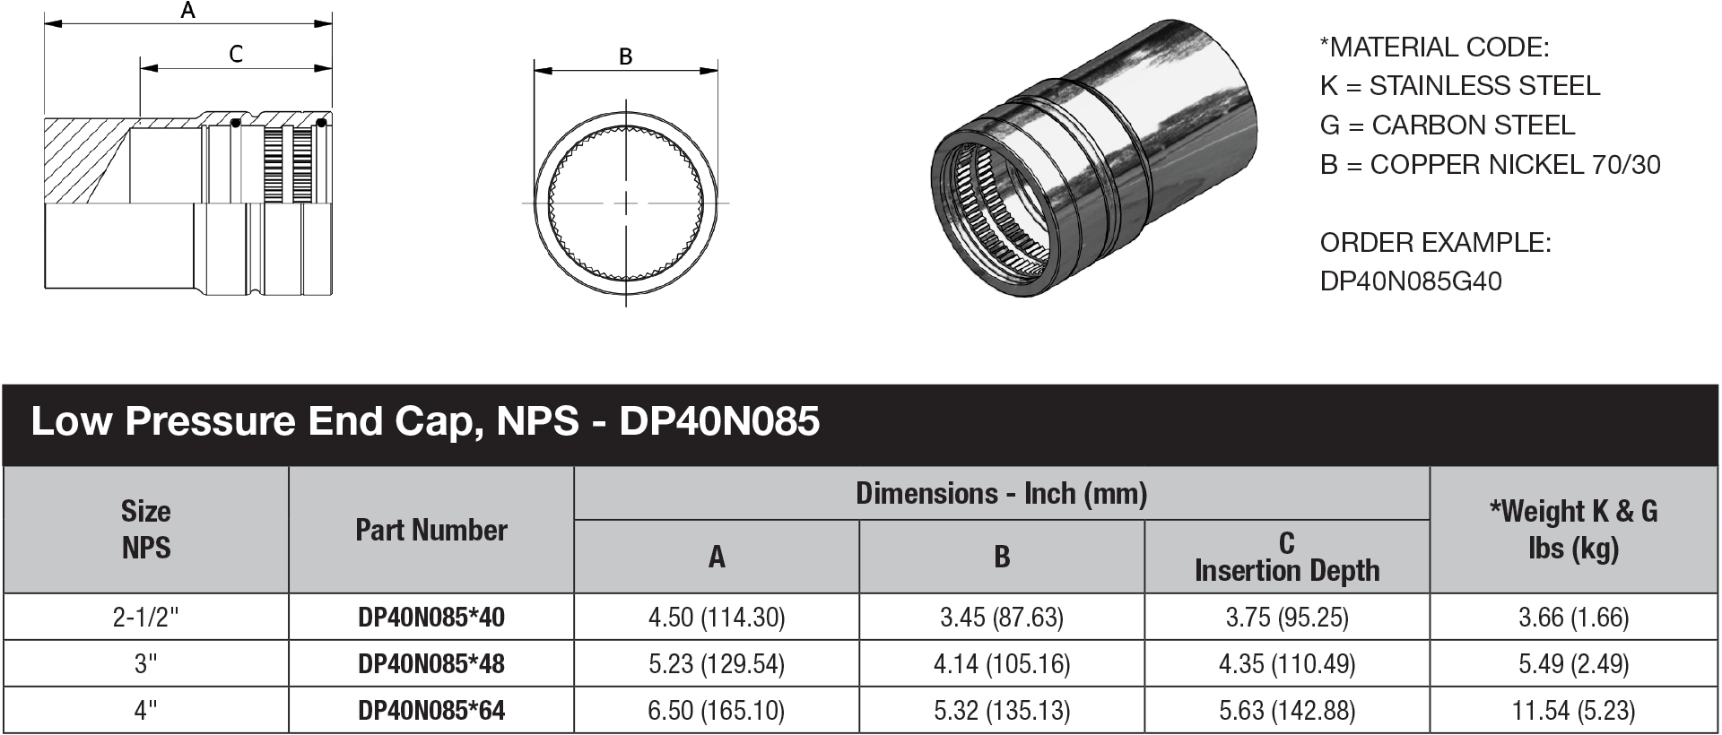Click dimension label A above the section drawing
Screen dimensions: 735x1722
click(187, 11)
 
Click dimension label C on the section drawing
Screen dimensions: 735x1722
click(236, 55)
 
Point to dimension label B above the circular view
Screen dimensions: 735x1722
click(626, 56)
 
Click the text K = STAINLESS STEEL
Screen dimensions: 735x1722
click(1459, 86)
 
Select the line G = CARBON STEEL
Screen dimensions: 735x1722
click(1447, 125)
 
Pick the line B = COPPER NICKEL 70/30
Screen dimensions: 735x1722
click(1490, 165)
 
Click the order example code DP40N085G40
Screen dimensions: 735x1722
click(1411, 281)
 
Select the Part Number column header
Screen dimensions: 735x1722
click(431, 530)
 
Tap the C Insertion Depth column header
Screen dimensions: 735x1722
click(1287, 557)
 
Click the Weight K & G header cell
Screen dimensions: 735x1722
click(1573, 529)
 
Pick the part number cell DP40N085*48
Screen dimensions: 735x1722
click(431, 664)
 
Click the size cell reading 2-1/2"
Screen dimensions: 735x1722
click(145, 618)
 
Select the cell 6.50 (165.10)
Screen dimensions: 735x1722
click(716, 711)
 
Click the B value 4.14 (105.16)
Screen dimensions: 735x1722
click(1002, 664)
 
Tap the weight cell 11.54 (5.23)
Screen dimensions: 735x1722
click(1573, 711)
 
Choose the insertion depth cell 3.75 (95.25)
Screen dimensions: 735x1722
click(1287, 618)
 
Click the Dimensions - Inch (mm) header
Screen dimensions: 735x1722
click(1001, 493)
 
